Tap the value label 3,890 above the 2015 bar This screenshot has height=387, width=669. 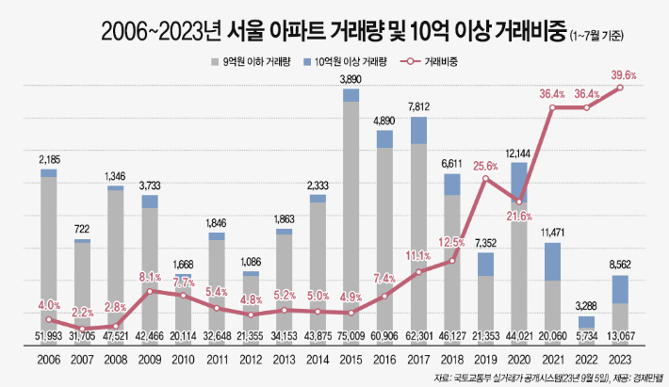click(351, 80)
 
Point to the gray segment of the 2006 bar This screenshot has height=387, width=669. click(48, 254)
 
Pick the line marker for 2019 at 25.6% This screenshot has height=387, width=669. click(485, 180)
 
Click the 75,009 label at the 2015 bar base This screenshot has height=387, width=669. click(351, 336)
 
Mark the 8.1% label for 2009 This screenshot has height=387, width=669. click(149, 278)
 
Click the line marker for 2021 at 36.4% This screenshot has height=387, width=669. click(553, 107)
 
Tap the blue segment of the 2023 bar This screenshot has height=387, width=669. click(621, 289)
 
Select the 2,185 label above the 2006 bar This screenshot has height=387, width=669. click(48, 160)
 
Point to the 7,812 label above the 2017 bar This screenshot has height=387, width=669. click(418, 107)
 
